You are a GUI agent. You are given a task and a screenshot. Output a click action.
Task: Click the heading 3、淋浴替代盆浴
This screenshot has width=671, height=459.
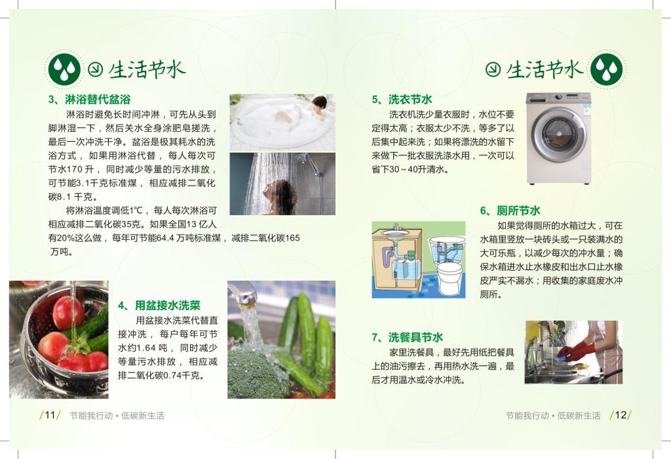pos(89,100)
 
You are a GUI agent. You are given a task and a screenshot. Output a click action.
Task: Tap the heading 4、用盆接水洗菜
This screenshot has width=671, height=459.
pos(159,306)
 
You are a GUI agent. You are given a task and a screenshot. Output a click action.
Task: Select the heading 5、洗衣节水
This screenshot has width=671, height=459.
pos(402,100)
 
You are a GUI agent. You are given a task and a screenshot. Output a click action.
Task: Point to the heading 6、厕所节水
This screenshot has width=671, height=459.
pos(510,210)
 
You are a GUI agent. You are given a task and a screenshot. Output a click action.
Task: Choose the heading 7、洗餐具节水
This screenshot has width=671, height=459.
pos(407,338)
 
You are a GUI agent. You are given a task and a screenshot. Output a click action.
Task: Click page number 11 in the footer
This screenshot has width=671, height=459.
pos(50,415)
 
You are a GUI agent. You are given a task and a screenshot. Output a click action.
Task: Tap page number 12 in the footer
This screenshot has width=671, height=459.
pos(621,415)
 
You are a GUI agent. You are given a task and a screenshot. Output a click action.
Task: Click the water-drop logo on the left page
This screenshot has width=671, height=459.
pos(64,69)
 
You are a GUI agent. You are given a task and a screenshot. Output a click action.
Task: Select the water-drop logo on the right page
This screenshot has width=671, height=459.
pos(606,69)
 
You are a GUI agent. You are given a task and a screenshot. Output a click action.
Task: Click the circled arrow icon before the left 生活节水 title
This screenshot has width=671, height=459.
pos(96,69)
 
